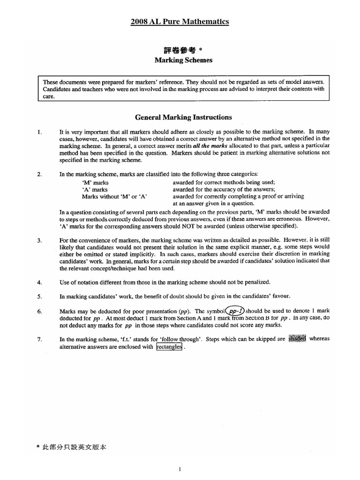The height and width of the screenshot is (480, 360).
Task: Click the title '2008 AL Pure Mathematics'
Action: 180,22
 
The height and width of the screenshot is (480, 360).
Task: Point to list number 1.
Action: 39,132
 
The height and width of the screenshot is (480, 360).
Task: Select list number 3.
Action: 39,240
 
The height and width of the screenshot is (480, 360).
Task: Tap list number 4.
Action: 39,282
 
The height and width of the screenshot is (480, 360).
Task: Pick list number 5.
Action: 39,296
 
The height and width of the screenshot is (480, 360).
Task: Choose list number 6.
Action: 39,311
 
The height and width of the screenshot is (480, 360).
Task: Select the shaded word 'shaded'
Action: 297,339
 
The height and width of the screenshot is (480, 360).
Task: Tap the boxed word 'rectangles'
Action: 168,347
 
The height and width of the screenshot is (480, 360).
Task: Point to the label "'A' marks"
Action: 95,189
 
